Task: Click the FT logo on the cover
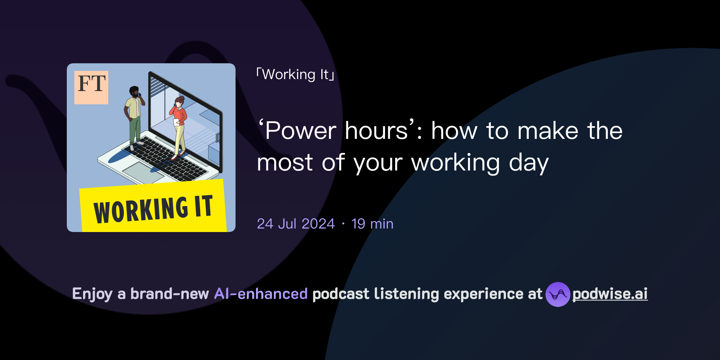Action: coord(91,87)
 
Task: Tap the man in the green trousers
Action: coord(134,116)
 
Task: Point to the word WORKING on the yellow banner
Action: coord(141,210)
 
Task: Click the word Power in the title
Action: coord(301,131)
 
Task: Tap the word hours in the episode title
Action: coord(376,131)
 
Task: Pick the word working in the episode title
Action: coord(455,163)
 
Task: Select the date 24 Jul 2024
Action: coord(296,224)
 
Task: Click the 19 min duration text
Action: coord(372,224)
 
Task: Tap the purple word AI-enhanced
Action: coord(261,294)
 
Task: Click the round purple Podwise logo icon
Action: coord(558,294)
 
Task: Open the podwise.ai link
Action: coord(610,294)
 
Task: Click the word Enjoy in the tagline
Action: coord(92,294)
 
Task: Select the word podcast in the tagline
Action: coord(341,294)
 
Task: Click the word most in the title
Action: coord(285,163)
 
